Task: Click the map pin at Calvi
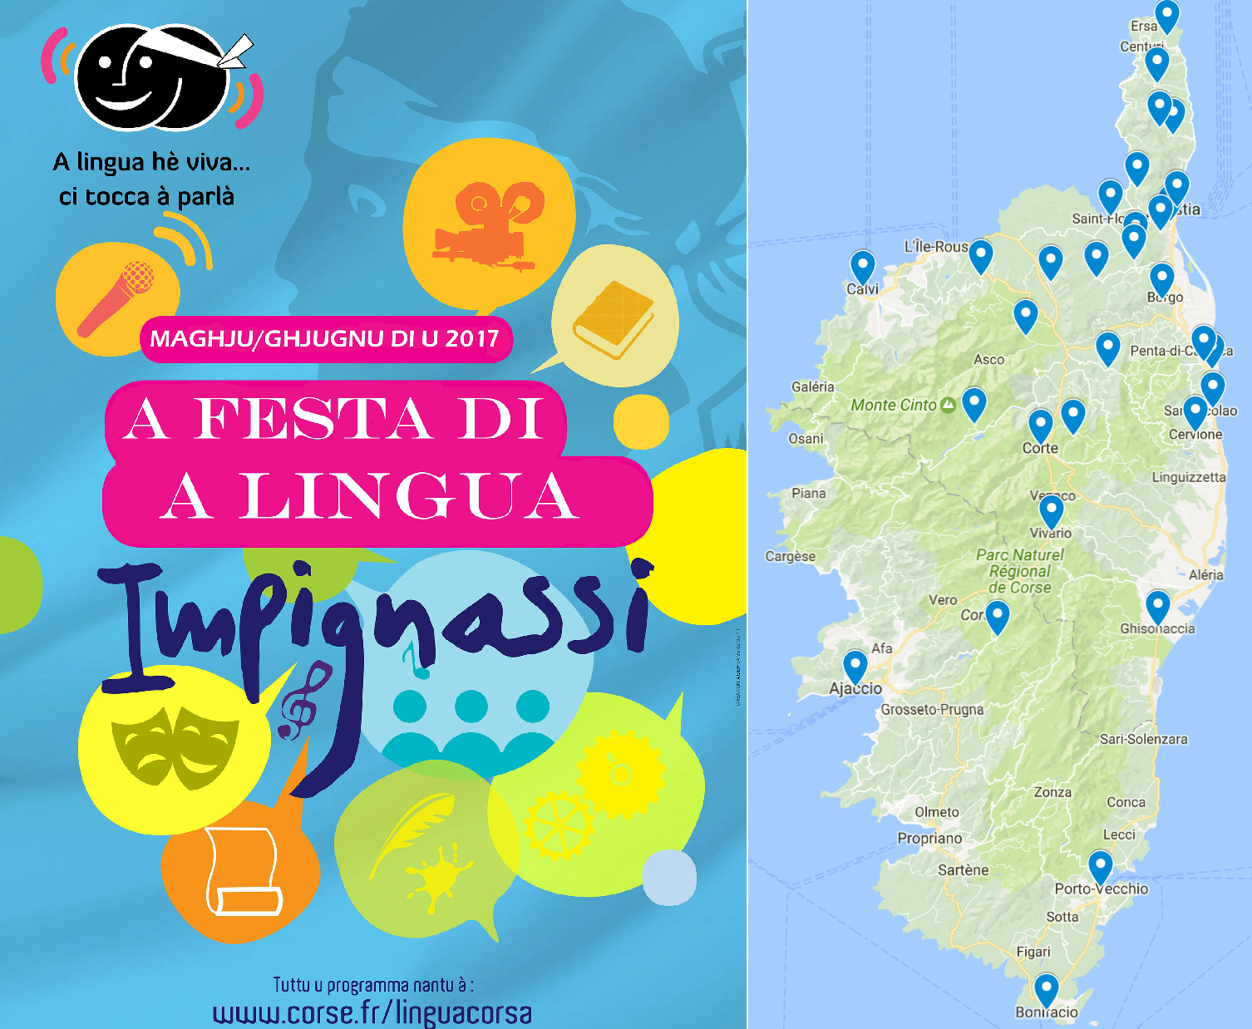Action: tap(862, 266)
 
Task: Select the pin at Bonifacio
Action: tap(1046, 989)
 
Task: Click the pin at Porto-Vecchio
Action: tap(1100, 866)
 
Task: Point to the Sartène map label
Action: tap(963, 870)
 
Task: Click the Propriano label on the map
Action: tap(929, 839)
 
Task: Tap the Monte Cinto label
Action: tap(894, 405)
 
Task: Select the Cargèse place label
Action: tap(790, 556)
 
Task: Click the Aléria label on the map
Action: tap(1205, 574)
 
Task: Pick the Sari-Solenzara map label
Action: tap(1143, 739)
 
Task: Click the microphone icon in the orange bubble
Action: tap(116, 297)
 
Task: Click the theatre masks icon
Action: tap(175, 746)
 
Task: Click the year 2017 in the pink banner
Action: tap(471, 338)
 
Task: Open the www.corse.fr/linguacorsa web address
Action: tap(372, 1013)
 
